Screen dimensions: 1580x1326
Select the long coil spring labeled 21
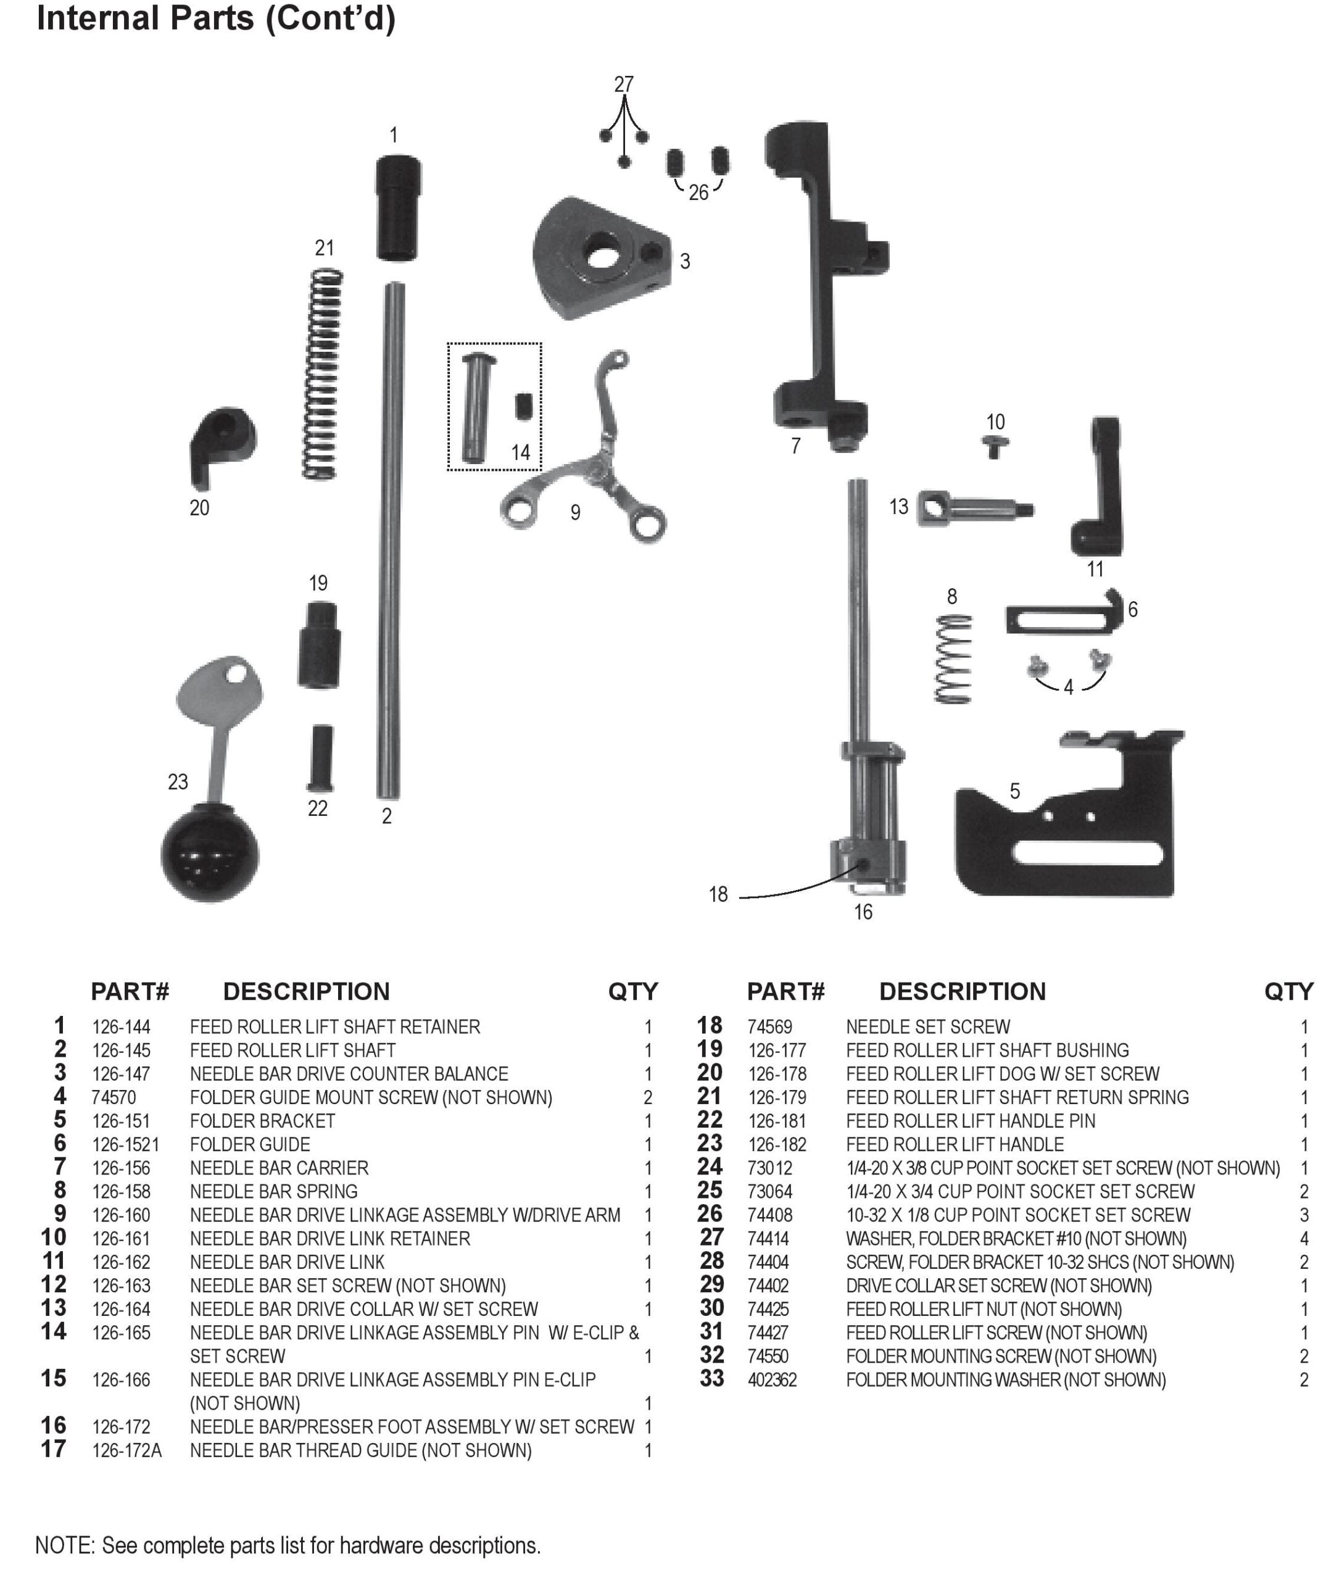[x=323, y=374]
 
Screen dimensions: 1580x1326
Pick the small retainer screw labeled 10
[x=995, y=447]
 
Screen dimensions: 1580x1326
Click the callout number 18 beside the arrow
[x=718, y=894]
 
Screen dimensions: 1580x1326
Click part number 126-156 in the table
[x=121, y=1168]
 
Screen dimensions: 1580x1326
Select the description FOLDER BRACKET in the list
[x=262, y=1121]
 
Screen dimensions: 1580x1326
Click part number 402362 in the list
[x=772, y=1380]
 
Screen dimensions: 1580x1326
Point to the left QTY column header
[x=632, y=992]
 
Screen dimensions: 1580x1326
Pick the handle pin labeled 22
[x=320, y=758]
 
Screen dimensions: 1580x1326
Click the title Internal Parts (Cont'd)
[x=216, y=18]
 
